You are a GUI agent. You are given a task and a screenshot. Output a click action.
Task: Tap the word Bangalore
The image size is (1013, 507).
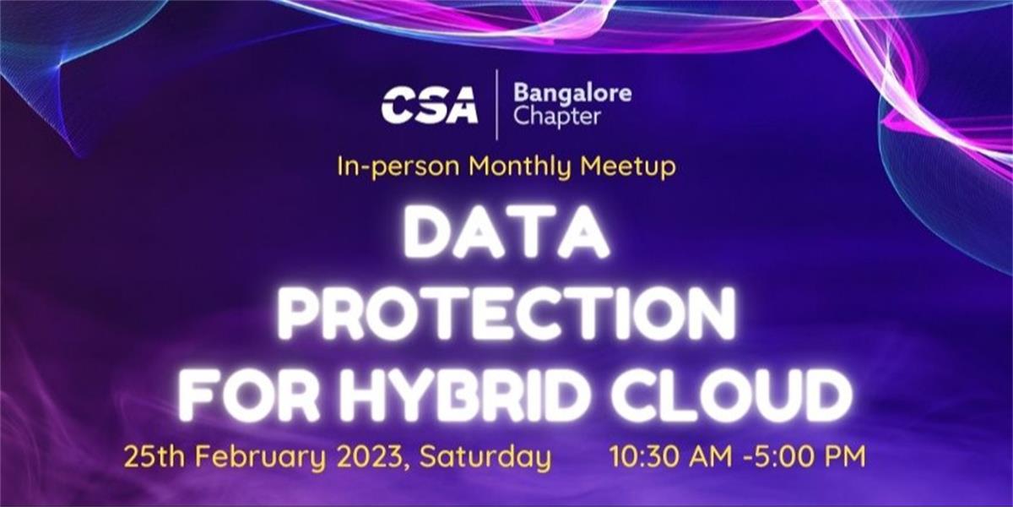[572, 93]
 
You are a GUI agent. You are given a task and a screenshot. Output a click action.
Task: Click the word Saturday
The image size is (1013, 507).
[485, 459]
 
